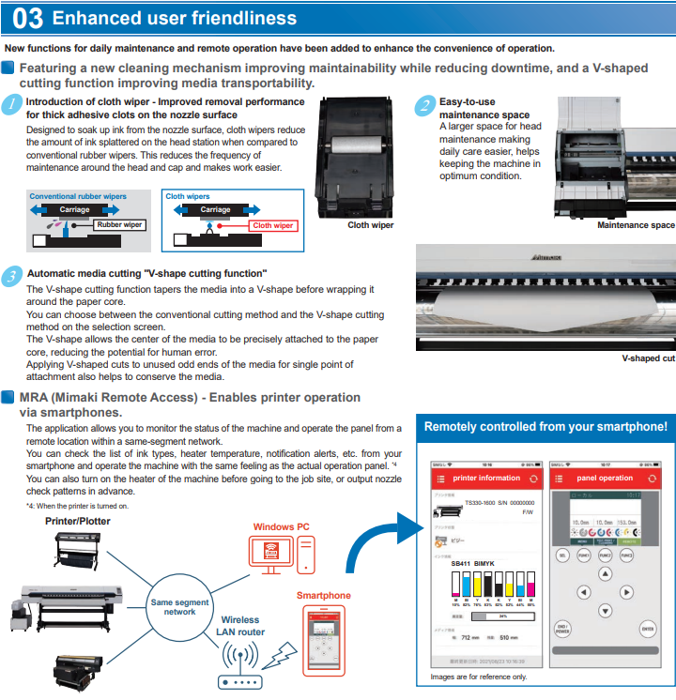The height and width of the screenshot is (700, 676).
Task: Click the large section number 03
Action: pyautogui.click(x=27, y=18)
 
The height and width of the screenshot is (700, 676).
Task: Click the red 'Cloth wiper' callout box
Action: pyautogui.click(x=272, y=225)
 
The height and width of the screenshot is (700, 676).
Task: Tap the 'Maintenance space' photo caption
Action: pyautogui.click(x=636, y=225)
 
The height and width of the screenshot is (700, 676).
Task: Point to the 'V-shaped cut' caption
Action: pyautogui.click(x=648, y=358)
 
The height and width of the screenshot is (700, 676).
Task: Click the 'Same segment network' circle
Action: pyautogui.click(x=180, y=606)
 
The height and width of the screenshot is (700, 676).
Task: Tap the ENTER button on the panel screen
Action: pyautogui.click(x=646, y=629)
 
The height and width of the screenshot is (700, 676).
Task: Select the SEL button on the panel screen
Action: pyautogui.click(x=562, y=555)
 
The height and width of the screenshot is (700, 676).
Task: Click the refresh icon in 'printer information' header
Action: pyautogui.click(x=532, y=478)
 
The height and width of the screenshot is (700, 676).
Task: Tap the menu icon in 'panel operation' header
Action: pyautogui.click(x=558, y=478)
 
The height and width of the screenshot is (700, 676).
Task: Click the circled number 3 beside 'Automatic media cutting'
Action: pyautogui.click(x=11, y=275)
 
